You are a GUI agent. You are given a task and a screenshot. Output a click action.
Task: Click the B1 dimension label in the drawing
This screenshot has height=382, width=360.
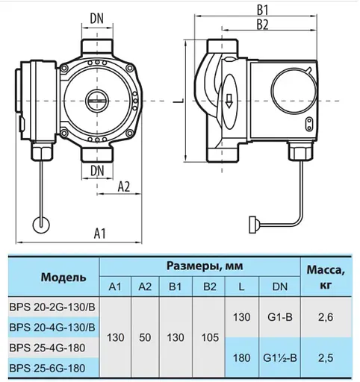(263, 10)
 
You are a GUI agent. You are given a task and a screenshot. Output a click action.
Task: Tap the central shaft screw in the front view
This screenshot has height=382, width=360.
(96, 98)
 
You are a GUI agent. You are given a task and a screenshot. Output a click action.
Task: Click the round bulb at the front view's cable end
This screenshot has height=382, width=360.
(40, 222)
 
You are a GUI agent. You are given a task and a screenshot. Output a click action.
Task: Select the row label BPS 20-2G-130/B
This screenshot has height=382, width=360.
(53, 307)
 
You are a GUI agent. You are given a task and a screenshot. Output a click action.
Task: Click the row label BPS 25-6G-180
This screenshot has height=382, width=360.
(53, 368)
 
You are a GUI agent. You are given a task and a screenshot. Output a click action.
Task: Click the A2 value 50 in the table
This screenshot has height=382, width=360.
(144, 337)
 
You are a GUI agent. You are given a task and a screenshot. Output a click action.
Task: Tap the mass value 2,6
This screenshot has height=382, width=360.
(323, 317)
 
